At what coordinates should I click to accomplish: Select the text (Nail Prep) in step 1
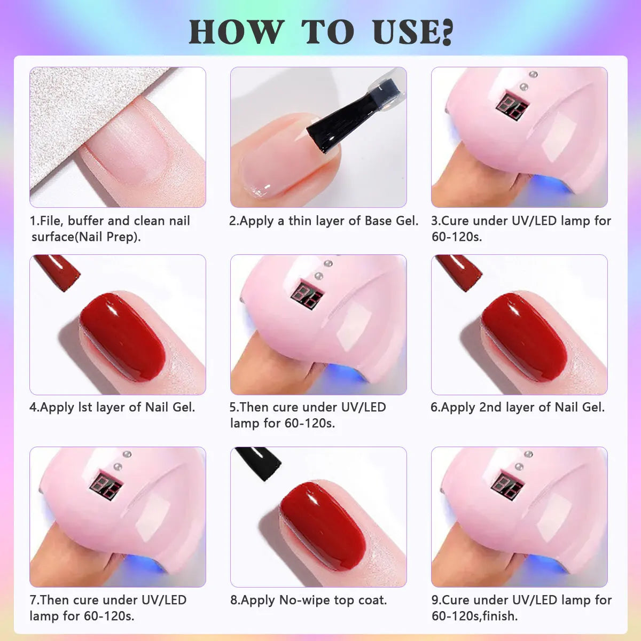pos(109,237)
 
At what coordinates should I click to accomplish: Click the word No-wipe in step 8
pos(304,600)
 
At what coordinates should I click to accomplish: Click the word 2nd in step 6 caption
pos(490,408)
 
